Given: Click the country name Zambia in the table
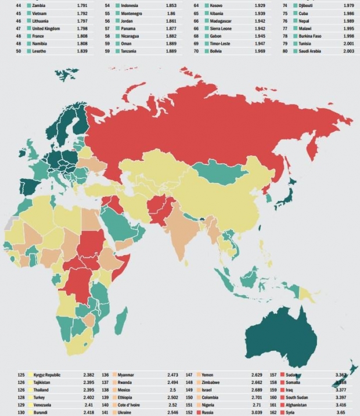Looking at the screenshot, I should (x=41, y=6).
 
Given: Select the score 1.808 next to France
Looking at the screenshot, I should (x=82, y=36).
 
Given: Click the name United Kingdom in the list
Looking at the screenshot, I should (x=47, y=28).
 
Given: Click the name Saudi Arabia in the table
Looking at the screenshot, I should (x=311, y=51).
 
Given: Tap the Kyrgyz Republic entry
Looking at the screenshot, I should (x=47, y=375).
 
